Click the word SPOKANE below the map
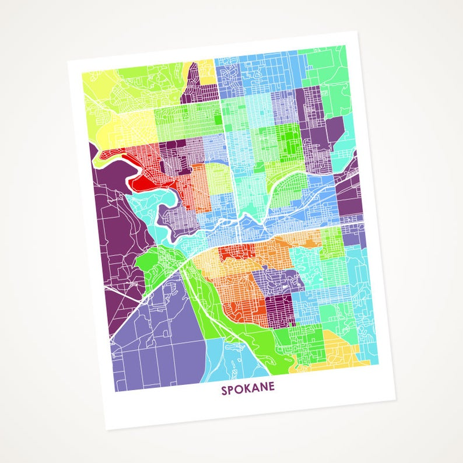(x=248, y=389)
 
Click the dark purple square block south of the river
(x=279, y=308)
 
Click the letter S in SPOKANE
(x=224, y=389)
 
